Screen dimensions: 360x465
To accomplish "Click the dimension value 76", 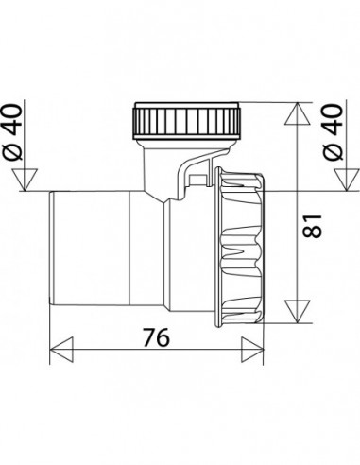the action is coord(157,337).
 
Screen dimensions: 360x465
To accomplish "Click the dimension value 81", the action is coord(312,226).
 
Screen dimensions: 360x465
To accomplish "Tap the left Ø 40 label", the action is coord(13,132).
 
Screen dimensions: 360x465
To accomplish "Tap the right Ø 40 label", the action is coord(333,132).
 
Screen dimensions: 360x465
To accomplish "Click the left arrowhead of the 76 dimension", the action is coord(61,350).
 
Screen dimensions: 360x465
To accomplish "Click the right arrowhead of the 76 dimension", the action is coord(252,350).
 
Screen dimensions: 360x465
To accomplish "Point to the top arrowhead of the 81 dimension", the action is coord(298,113).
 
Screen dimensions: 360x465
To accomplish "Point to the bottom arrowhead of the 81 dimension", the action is coord(298,312).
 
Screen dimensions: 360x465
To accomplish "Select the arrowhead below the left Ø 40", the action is coord(25,180).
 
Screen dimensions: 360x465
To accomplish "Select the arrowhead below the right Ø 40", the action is coord(347,180).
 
